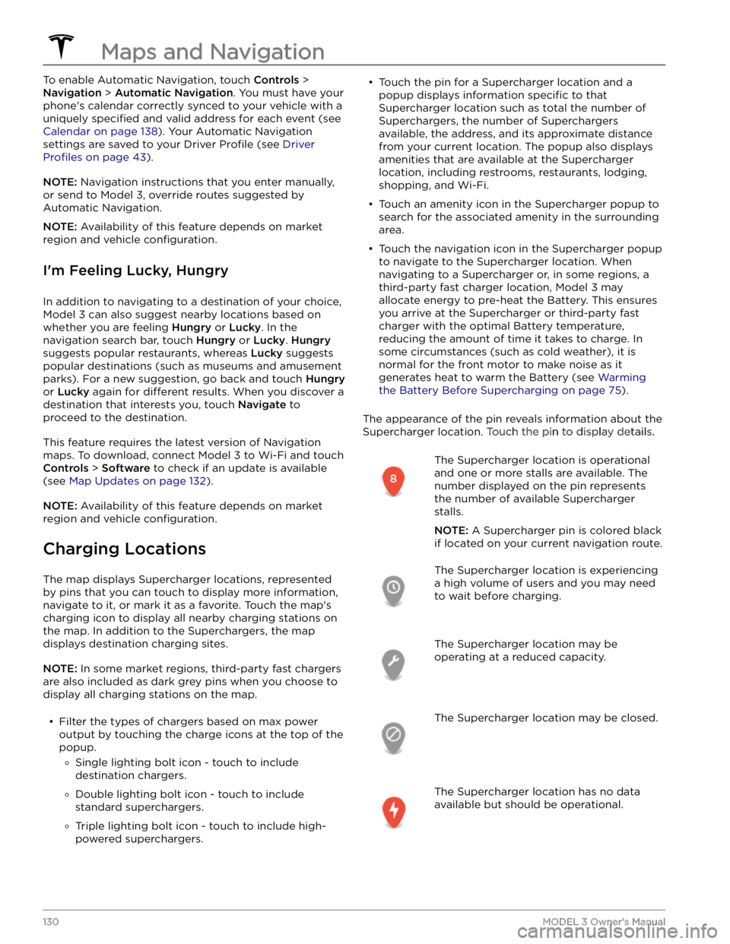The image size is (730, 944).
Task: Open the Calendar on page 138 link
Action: click(100, 131)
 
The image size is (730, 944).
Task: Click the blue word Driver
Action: click(299, 144)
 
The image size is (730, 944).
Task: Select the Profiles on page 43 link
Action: click(94, 157)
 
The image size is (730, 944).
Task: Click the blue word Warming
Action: click(621, 377)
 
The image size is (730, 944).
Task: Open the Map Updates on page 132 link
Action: click(138, 481)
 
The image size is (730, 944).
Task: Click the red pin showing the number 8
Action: click(393, 480)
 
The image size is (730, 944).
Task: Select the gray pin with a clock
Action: click(393, 589)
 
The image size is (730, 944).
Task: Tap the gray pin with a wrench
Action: click(393, 663)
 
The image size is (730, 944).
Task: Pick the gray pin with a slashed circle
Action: click(393, 737)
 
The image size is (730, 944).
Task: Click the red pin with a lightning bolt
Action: click(393, 811)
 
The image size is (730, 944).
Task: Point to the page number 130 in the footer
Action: click(52, 921)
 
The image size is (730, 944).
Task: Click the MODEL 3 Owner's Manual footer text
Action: click(604, 921)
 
